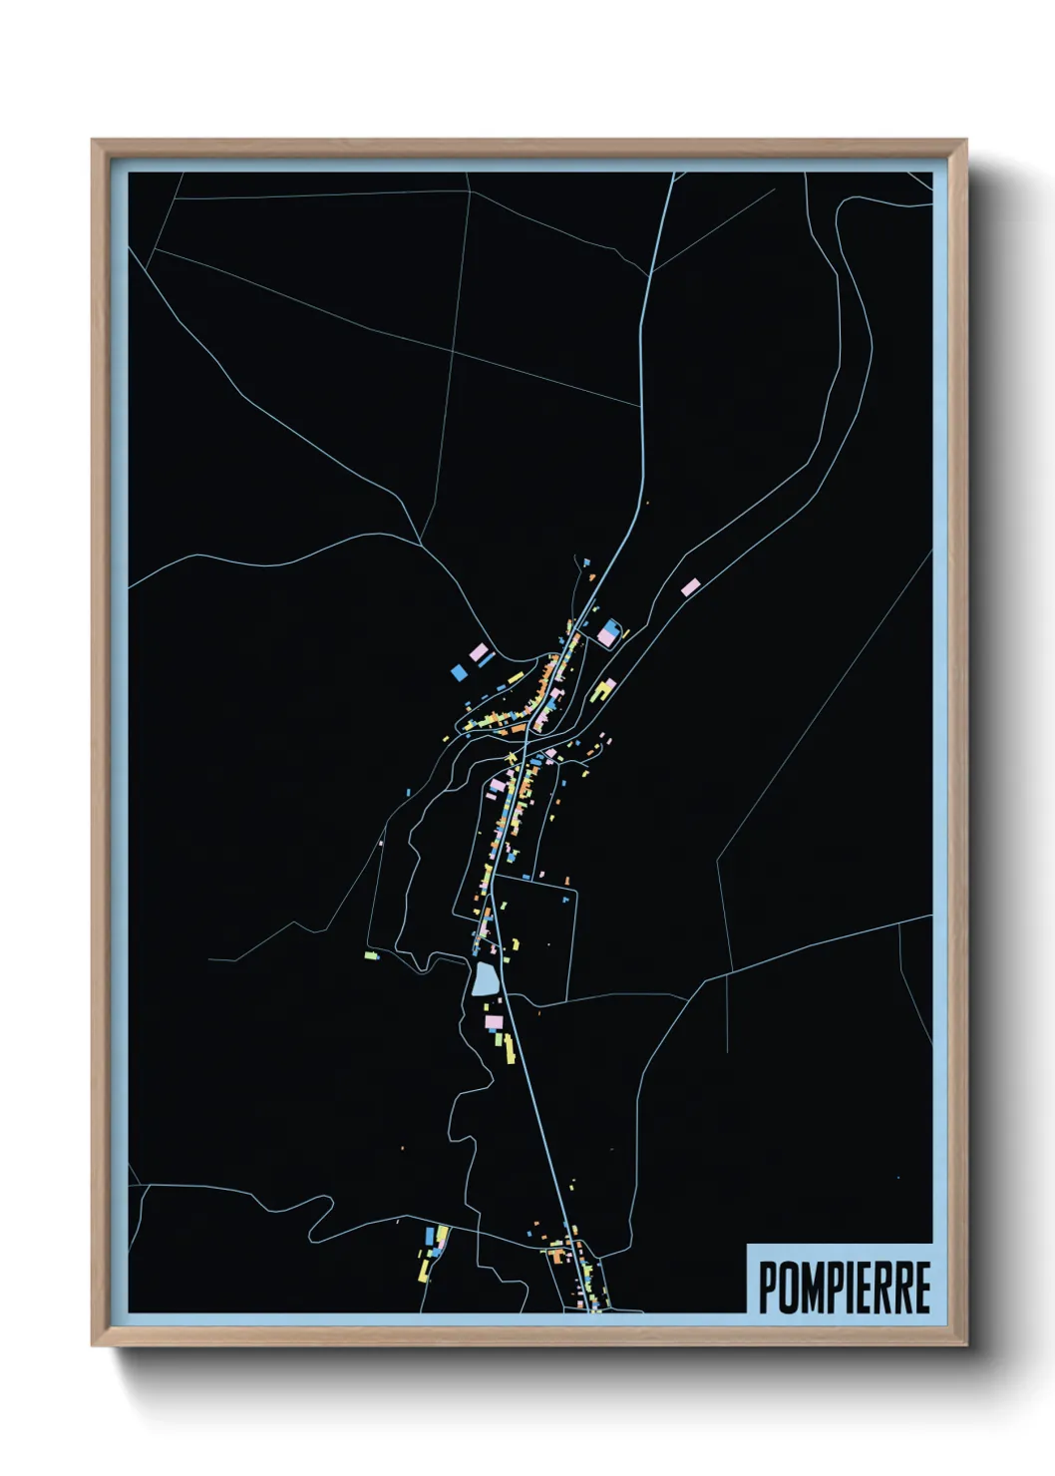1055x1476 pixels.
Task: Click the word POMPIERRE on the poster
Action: [x=845, y=1287]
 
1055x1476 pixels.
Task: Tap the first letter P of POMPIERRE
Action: [x=769, y=1287]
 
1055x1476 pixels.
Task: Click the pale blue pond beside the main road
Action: [x=485, y=978]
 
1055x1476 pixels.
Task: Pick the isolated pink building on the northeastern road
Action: [x=689, y=587]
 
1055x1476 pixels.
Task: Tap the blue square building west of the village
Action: [x=459, y=671]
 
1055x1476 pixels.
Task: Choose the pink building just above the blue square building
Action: [x=479, y=652]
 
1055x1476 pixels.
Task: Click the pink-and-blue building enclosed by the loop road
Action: [x=607, y=633]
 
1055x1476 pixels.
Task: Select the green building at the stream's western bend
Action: [x=371, y=955]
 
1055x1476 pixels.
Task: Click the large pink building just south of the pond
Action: [x=492, y=1021]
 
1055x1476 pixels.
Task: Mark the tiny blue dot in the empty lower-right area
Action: [x=897, y=1178]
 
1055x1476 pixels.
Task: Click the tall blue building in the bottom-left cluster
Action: [x=431, y=1236]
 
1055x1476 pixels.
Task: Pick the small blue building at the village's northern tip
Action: [x=586, y=563]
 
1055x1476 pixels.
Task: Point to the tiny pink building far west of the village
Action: [x=381, y=843]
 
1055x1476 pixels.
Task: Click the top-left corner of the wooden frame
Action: [x=93, y=141]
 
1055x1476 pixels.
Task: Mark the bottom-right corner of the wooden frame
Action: [x=965, y=1345]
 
